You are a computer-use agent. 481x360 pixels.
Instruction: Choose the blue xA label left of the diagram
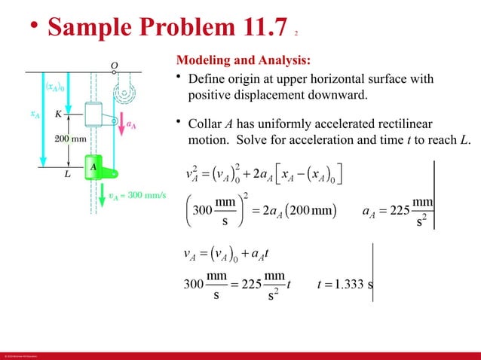click(x=35, y=114)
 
